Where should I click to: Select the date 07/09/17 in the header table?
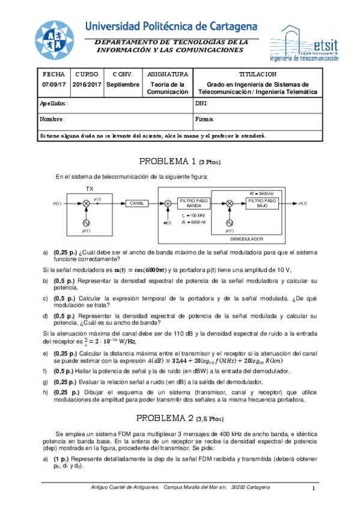coord(53,85)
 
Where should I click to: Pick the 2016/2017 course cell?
coord(87,85)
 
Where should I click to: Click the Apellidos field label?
coord(54,103)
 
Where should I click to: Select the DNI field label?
coord(201,103)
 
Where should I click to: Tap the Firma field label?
coord(203,119)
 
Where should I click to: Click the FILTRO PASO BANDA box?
coord(193,203)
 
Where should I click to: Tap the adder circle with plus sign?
coord(168,204)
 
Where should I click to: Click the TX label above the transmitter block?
coord(89,188)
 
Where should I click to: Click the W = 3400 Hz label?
coord(261,192)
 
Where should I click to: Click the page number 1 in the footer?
coord(314,488)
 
